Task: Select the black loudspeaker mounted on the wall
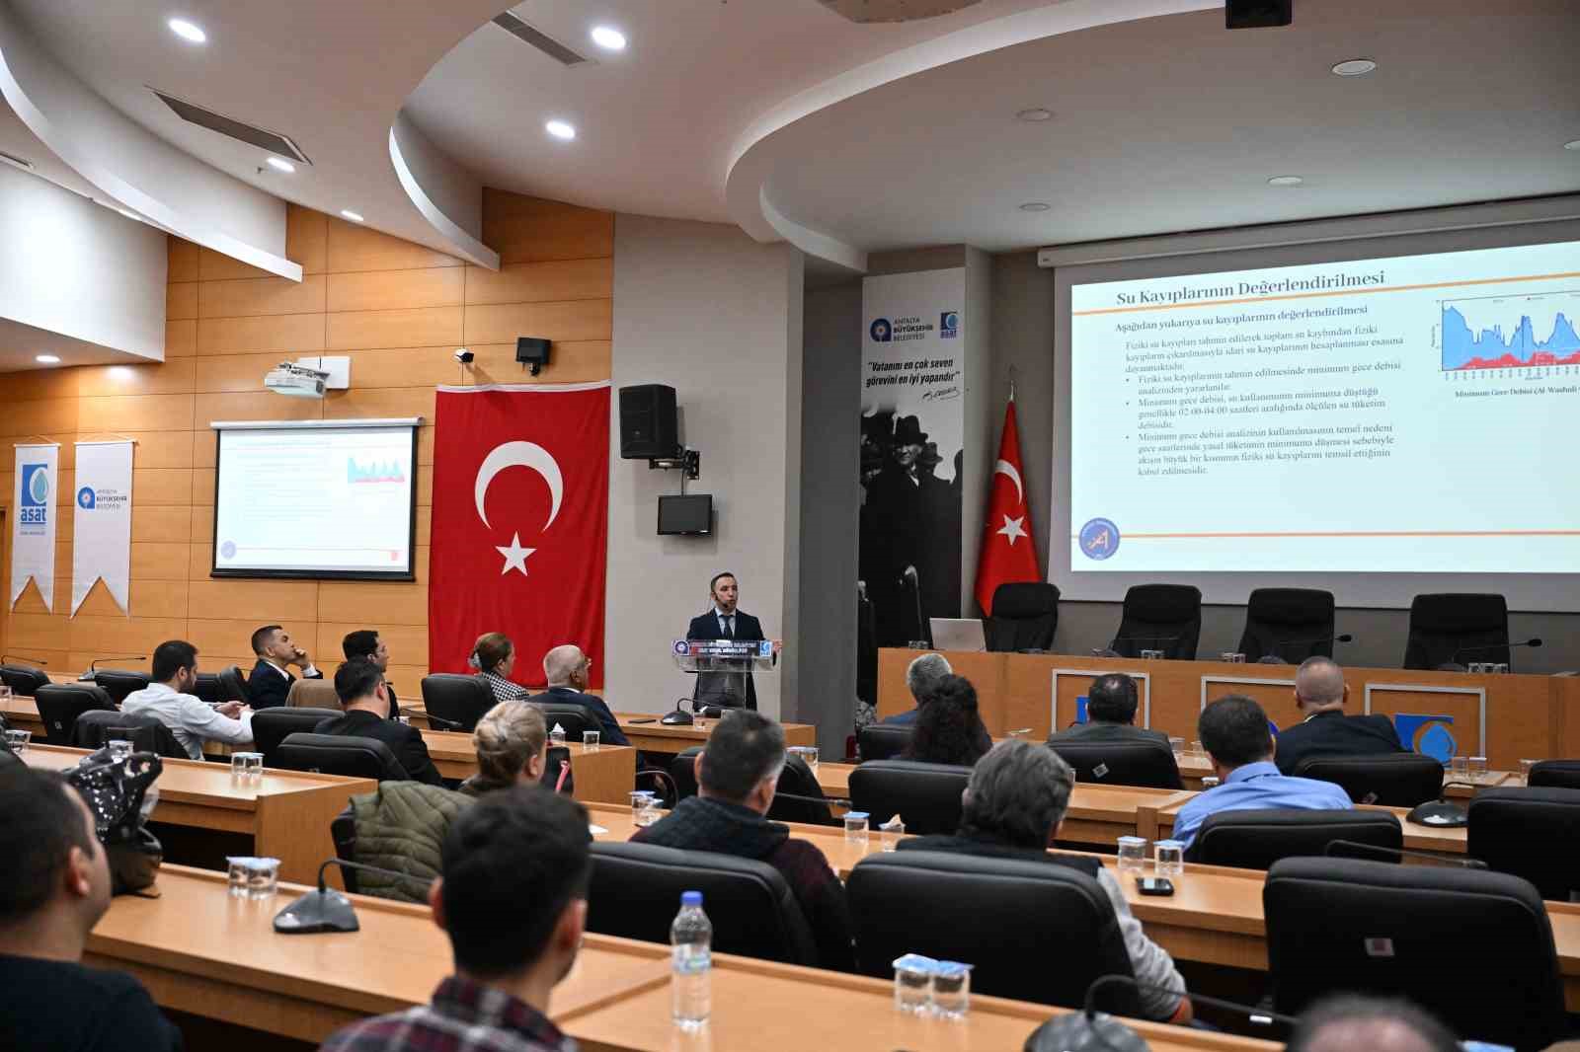pos(648,421)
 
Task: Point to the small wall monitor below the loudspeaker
pos(684,514)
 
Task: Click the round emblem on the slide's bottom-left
pos(1098,539)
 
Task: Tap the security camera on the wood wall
pos(463,354)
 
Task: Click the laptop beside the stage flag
pos(956,634)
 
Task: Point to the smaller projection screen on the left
pos(315,498)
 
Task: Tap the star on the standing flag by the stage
pos(1011,530)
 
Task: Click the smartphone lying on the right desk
pos(1152,885)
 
